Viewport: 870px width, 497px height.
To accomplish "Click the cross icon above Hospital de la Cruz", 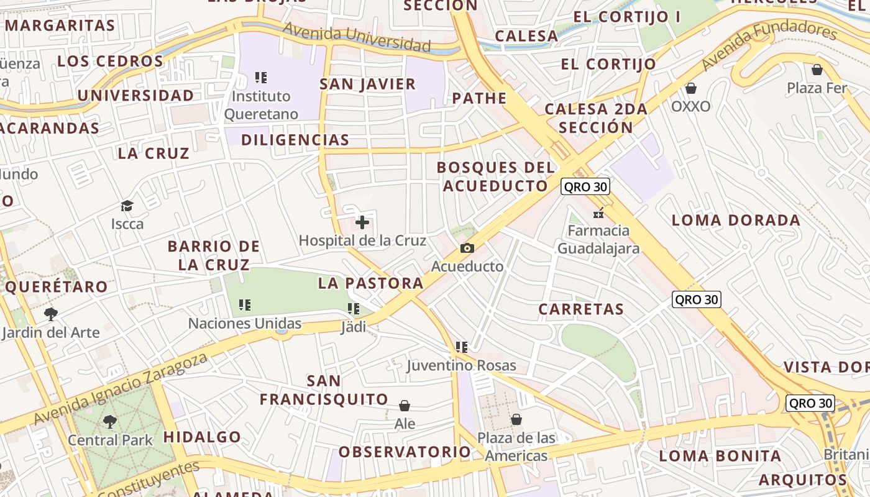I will (362, 222).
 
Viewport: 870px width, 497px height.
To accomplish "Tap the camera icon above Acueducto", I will (467, 248).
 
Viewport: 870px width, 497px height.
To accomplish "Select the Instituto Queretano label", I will (261, 105).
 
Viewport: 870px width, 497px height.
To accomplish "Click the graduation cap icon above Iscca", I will (127, 206).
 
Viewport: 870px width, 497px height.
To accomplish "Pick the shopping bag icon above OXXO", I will (690, 88).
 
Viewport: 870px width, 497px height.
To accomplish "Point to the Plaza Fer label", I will (817, 88).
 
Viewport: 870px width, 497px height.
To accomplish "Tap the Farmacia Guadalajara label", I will (598, 239).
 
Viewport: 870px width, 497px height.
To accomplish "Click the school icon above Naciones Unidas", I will (245, 305).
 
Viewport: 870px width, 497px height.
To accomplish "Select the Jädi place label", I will (354, 327).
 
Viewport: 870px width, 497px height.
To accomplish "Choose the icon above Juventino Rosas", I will (461, 347).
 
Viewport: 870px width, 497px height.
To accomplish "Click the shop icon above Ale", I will (405, 406).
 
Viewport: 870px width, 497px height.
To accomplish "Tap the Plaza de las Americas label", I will (516, 447).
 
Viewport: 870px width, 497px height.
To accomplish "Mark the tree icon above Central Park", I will (110, 422).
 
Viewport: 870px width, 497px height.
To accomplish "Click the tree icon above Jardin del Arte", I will (51, 314).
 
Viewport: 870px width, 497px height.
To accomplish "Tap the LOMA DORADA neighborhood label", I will (736, 220).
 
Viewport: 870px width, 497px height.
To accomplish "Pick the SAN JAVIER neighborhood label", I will (367, 84).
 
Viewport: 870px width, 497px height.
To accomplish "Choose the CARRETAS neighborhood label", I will (581, 309).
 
